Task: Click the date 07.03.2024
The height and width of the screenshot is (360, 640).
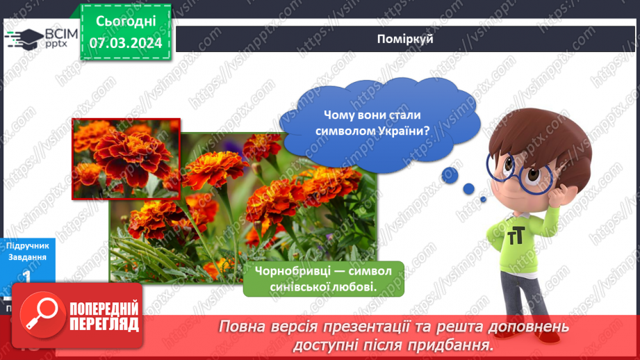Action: tap(126, 43)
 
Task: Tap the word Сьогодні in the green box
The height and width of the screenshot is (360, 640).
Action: tap(126, 23)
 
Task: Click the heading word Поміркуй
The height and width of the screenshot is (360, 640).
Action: tap(407, 39)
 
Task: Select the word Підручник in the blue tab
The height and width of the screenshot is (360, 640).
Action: tap(27, 246)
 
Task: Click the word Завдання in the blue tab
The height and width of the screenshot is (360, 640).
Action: tap(27, 257)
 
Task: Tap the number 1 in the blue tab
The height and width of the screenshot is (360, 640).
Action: tap(27, 275)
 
